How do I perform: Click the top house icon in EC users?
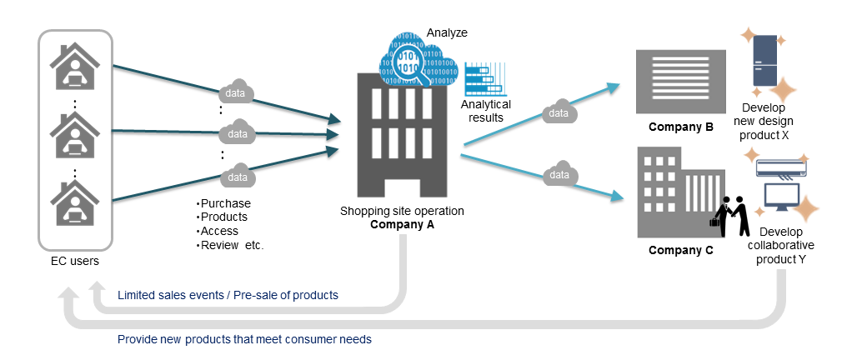(x=75, y=67)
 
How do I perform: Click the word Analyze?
(x=447, y=32)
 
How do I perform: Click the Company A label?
(x=402, y=224)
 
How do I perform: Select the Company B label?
(x=680, y=127)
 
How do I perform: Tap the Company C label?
(x=680, y=250)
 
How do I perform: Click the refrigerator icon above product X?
(x=765, y=60)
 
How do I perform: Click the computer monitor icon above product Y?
(x=782, y=197)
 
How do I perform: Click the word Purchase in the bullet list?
(x=226, y=203)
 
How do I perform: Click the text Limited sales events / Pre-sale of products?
(x=228, y=296)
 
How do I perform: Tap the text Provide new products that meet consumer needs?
(x=244, y=339)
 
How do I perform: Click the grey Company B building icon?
(x=680, y=81)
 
